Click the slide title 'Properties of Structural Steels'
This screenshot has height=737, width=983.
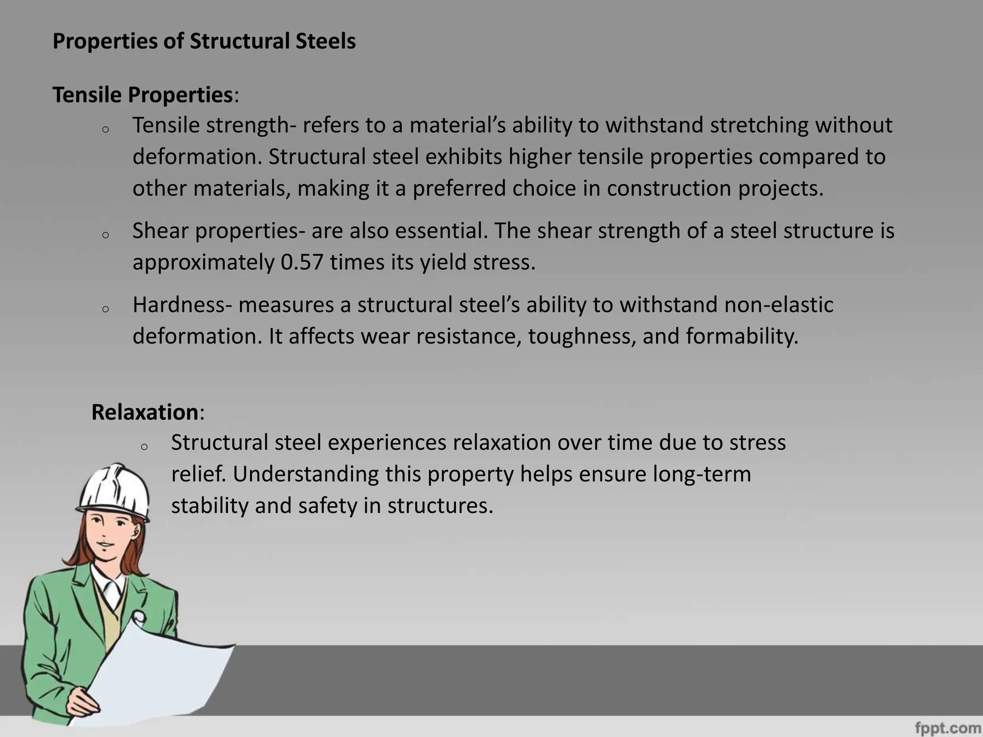(204, 41)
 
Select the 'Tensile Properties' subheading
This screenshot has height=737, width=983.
(143, 95)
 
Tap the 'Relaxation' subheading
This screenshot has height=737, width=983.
(144, 412)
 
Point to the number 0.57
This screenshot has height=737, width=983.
(301, 262)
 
